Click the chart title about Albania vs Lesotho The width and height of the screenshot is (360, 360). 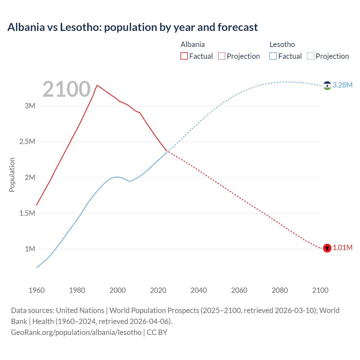coord(132,27)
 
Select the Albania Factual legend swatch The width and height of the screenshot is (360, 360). coord(184,56)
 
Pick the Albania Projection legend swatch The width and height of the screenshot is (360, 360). coord(222,56)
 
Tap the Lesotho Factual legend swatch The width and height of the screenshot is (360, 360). coord(273,56)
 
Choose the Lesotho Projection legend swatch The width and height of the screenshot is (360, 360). coord(311,56)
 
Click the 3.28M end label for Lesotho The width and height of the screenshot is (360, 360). coord(342,85)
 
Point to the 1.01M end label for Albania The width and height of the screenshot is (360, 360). coord(342,247)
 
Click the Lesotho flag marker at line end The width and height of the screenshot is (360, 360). coord(327,85)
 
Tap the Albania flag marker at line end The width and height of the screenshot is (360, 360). coord(327,248)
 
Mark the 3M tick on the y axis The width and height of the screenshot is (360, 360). coord(30,106)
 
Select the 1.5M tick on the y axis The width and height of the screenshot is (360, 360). coord(27,213)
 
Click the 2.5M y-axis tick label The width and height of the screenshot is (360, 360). coord(27,141)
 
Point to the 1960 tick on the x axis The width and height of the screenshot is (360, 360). coord(37,290)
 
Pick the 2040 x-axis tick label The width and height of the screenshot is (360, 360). coord(199,290)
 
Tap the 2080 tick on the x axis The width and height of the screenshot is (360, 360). coord(280,290)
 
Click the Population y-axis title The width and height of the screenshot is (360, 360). coord(12,175)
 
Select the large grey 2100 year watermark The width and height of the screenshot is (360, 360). coord(66,89)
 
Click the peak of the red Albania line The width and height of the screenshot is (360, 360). coord(97,85)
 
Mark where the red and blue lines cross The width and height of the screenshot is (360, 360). coord(168,151)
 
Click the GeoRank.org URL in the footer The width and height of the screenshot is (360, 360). coord(76,332)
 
